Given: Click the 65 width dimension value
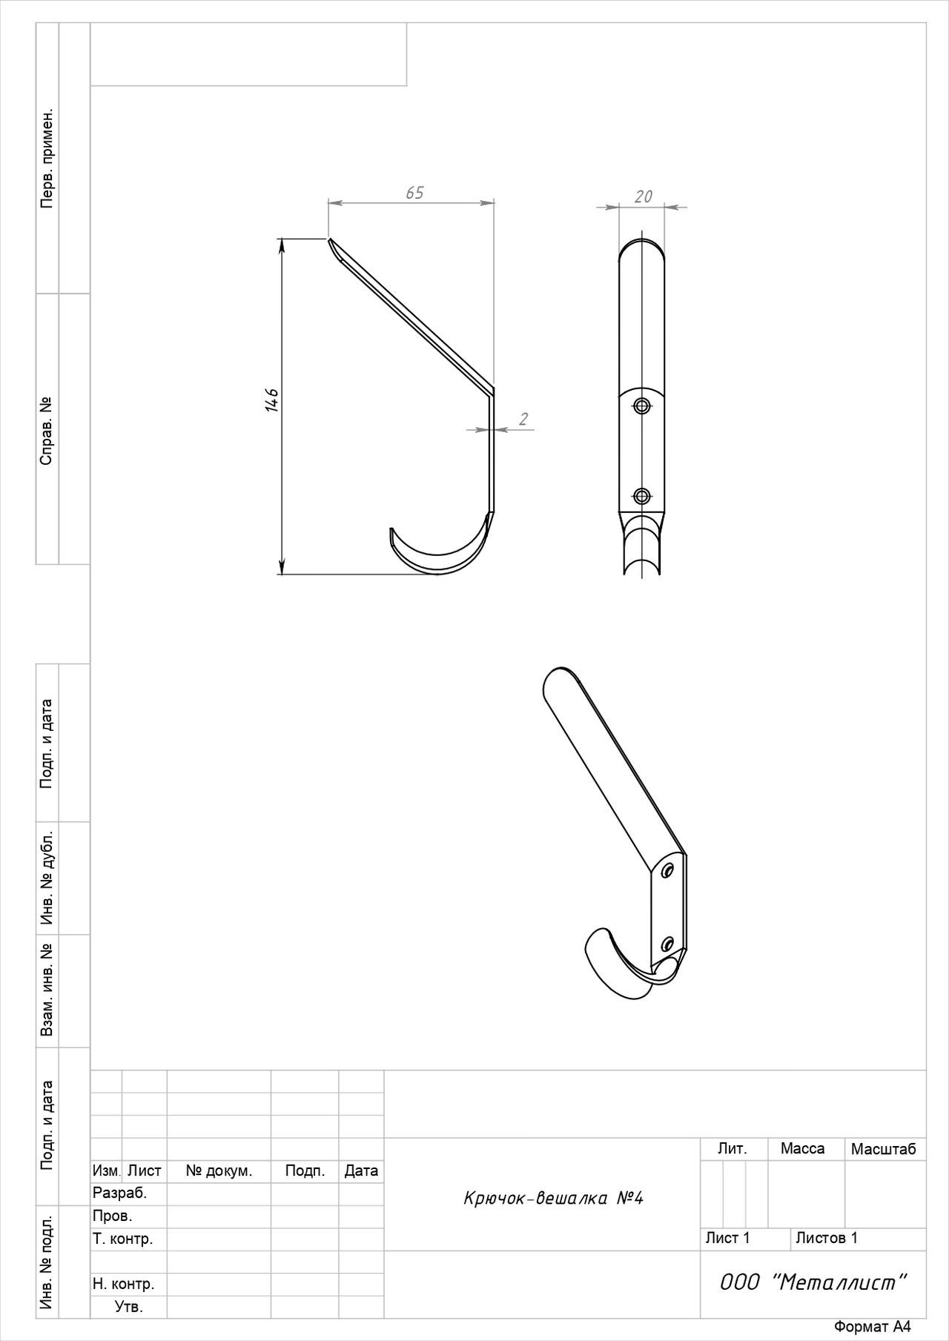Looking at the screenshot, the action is pos(414,193).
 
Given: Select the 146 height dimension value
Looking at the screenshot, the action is pos(271,400).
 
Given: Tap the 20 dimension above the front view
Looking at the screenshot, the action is pos(644,196).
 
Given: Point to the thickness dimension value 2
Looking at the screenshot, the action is pos(523,420).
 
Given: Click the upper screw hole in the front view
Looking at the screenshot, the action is pos(642,405).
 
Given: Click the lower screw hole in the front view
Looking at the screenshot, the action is pos(642,496).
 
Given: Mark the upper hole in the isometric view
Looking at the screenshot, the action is pos(667,870).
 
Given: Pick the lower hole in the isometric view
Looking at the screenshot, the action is pos(667,943).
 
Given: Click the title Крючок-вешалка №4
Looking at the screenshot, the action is pos(553,1198).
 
